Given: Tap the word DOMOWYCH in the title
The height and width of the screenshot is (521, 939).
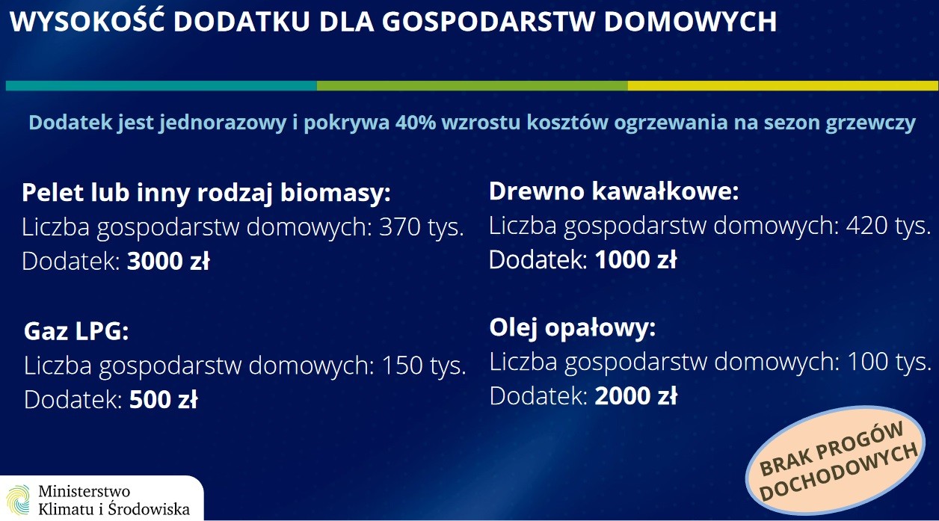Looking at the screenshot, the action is point(690,22).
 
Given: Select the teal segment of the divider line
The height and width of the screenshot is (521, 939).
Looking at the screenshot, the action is point(161,85).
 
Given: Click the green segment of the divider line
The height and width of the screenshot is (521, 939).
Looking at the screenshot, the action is point(472,85).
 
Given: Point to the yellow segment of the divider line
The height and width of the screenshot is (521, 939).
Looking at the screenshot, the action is point(783,85).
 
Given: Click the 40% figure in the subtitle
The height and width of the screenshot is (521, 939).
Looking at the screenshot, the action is point(416,123).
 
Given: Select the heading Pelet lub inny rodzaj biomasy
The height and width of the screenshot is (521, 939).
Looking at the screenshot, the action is point(206,194).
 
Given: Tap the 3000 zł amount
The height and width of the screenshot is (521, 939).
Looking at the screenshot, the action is point(168,261).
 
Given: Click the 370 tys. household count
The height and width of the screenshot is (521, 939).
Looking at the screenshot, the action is point(422,227).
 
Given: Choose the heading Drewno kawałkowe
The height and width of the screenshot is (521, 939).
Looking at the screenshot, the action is point(614,191).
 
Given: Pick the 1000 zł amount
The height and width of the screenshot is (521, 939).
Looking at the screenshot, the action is point(635,259).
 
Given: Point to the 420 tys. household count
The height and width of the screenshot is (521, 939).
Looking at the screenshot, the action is point(888,226).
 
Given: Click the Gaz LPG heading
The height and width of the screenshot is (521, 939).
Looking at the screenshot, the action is point(76,331).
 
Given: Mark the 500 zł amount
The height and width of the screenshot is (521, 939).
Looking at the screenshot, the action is point(163,399).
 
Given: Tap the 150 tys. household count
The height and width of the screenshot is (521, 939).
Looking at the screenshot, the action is point(424,366).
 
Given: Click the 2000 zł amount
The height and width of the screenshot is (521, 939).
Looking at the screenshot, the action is point(636,395).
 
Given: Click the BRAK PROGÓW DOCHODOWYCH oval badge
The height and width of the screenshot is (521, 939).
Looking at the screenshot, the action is point(836,460).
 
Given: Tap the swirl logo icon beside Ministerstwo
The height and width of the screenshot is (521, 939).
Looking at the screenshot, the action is point(19,499).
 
